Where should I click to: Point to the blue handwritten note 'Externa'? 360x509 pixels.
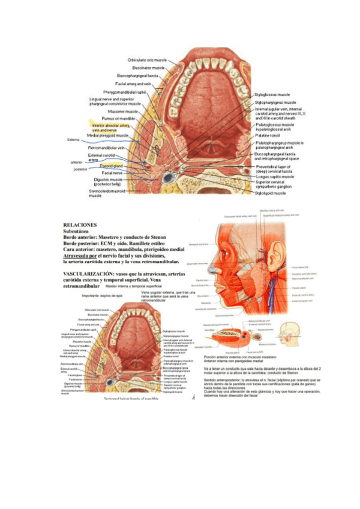click(73, 140)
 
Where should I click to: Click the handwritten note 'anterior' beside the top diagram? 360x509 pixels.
click(77, 162)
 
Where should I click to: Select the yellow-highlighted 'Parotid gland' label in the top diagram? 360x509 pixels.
click(111, 166)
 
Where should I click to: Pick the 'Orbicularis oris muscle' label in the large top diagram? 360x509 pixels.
click(148, 60)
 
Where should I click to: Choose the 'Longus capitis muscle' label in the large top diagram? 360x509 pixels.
click(275, 177)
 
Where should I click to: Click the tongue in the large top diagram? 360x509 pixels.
click(208, 96)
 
